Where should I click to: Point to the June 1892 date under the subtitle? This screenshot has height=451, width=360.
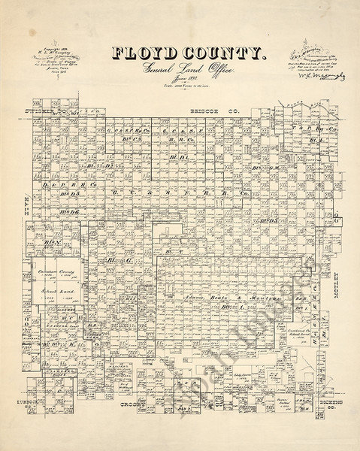[x=179, y=82]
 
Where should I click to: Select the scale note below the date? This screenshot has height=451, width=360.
[x=179, y=90]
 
